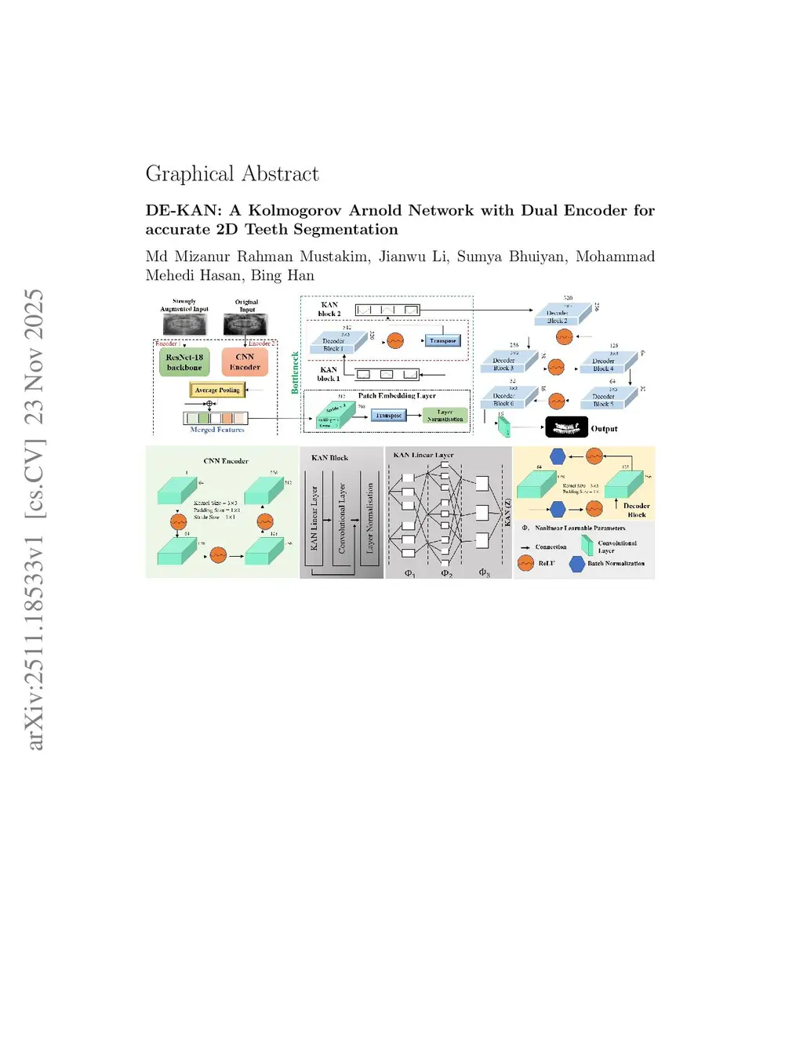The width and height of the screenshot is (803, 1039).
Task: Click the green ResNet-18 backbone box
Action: (184, 362)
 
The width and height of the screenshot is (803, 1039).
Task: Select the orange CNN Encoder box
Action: (245, 362)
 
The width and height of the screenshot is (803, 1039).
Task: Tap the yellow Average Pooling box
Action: (217, 390)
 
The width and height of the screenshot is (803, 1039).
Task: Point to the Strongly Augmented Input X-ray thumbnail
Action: (184, 324)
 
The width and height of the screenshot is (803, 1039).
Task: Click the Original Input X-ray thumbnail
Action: (245, 324)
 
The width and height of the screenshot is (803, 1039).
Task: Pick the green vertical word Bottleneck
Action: (296, 372)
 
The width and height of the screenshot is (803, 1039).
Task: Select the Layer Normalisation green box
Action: (445, 416)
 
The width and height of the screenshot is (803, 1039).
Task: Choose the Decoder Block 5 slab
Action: (603, 400)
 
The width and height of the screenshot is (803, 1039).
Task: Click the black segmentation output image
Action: (566, 427)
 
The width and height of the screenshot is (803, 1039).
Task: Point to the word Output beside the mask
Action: (604, 429)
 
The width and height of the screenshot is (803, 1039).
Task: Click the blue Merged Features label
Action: (217, 430)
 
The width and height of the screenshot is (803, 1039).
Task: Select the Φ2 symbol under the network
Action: (446, 573)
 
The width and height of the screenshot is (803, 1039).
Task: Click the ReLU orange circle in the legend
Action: (526, 563)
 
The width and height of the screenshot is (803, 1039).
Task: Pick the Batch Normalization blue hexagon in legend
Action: (577, 564)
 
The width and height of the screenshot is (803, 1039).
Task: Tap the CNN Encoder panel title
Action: (226, 461)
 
